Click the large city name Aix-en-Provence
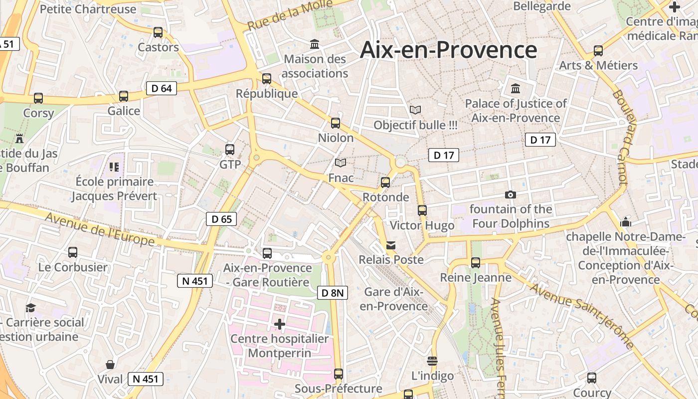[448, 50]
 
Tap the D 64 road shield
[162, 89]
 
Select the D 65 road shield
[221, 219]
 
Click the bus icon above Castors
[158, 32]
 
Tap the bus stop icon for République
[267, 79]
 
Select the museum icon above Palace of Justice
[516, 89]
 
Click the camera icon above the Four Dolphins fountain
[511, 195]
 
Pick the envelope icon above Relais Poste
[391, 245]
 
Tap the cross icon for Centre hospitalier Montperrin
[280, 325]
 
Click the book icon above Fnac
[341, 163]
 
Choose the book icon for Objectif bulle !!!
[415, 110]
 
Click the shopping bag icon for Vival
[110, 365]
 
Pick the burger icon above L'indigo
[432, 361]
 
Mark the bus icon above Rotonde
[385, 183]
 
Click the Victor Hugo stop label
[422, 225]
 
